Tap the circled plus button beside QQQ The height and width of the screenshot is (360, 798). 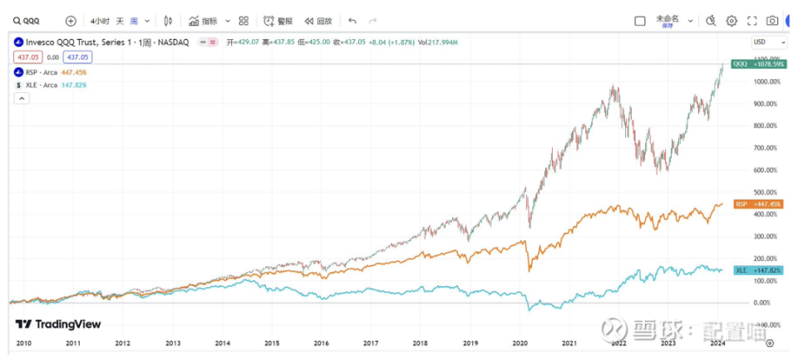pyautogui.click(x=71, y=21)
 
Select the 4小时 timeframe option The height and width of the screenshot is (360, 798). pyautogui.click(x=100, y=21)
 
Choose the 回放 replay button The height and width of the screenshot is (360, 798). pyautogui.click(x=318, y=21)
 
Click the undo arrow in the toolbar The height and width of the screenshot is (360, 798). pyautogui.click(x=352, y=21)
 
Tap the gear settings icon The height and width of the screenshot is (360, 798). pyautogui.click(x=731, y=21)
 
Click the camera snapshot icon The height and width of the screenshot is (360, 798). pyautogui.click(x=772, y=21)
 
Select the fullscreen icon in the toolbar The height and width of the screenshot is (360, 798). pyautogui.click(x=752, y=21)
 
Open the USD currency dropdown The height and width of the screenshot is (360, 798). pyautogui.click(x=769, y=42)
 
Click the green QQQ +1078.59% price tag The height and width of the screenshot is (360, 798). pyautogui.click(x=757, y=64)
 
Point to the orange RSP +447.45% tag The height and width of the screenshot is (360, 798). pyautogui.click(x=757, y=204)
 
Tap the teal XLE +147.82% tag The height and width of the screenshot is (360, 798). pyautogui.click(x=757, y=270)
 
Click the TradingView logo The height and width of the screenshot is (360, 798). pyautogui.click(x=58, y=324)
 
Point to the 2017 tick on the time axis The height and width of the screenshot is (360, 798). pyautogui.click(x=371, y=342)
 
